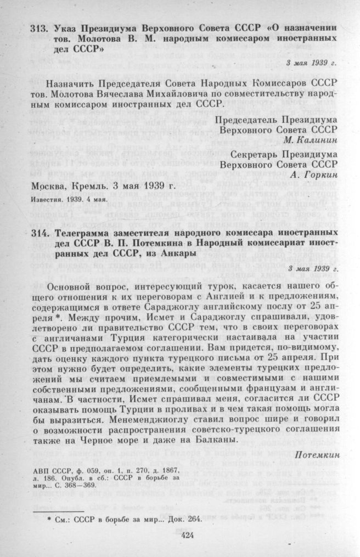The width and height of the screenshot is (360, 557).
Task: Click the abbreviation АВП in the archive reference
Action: point(43,471)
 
